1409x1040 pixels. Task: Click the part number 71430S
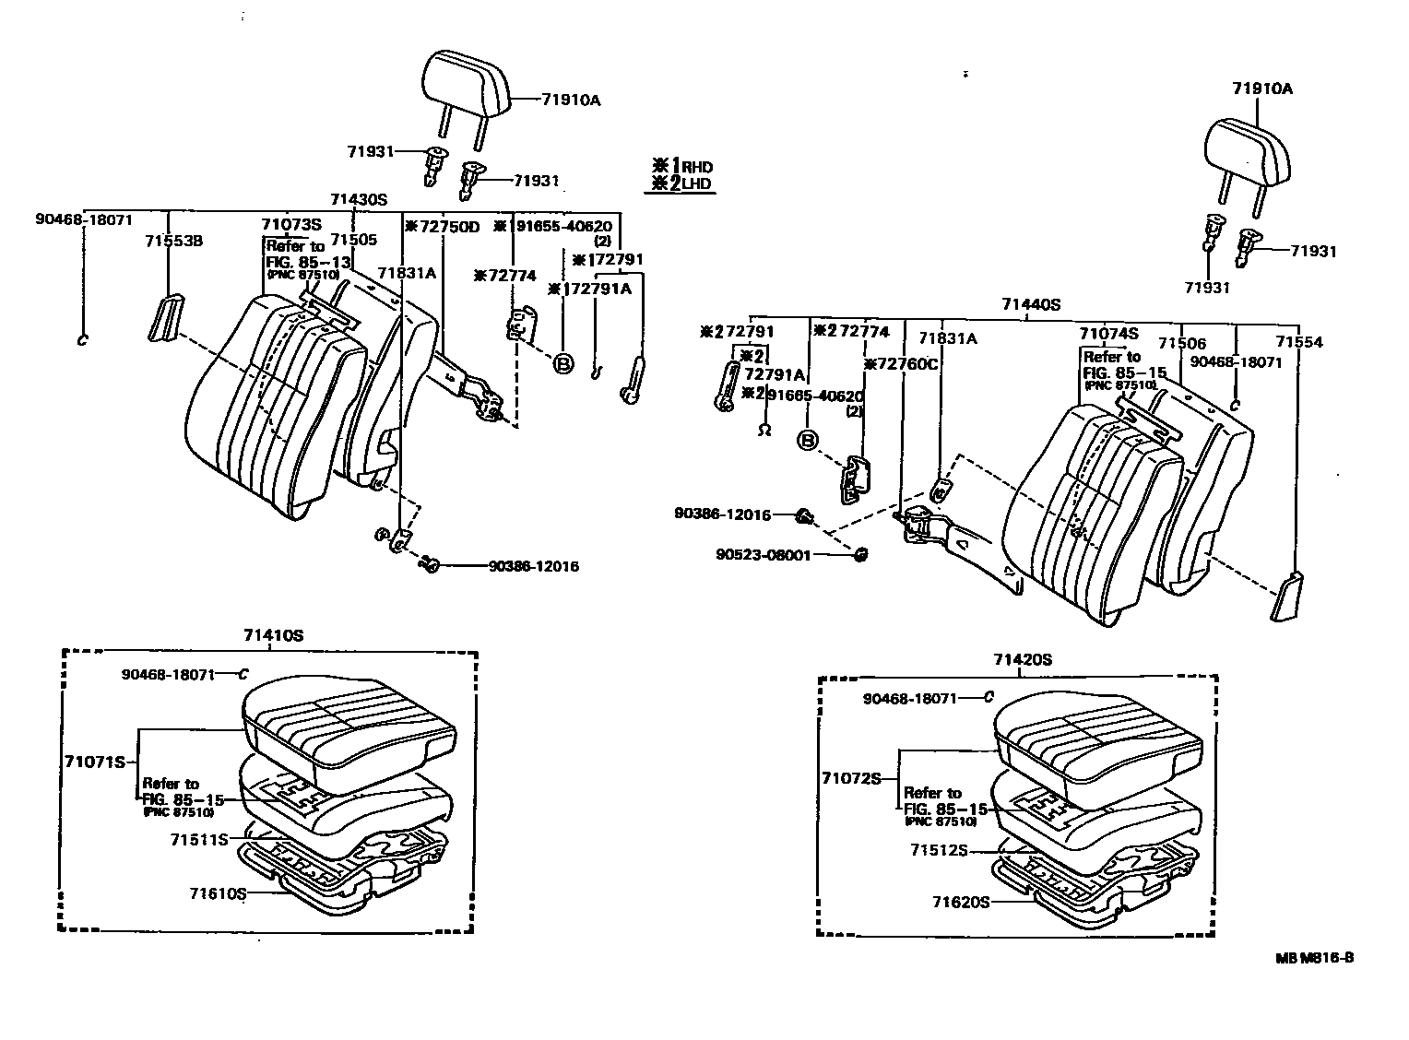click(x=360, y=199)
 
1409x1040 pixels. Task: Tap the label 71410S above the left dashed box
click(x=274, y=635)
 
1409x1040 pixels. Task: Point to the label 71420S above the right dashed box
click(x=1023, y=659)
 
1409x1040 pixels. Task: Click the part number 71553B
click(x=173, y=241)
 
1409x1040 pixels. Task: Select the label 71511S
click(x=199, y=840)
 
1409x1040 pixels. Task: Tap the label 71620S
click(x=960, y=902)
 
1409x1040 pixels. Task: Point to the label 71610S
click(x=219, y=893)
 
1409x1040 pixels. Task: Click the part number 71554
click(x=1299, y=342)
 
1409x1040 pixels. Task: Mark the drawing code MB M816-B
click(x=1315, y=958)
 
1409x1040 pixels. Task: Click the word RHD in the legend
click(x=698, y=167)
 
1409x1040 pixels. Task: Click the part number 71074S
click(x=1109, y=334)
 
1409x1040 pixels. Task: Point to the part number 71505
click(x=354, y=240)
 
